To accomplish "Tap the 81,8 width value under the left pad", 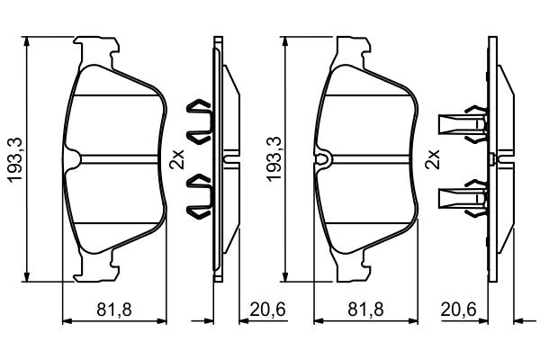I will point(114,310).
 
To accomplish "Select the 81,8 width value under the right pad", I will point(367,310).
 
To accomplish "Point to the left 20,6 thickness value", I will point(267,310).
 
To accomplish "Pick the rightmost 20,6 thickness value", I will point(458,310).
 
